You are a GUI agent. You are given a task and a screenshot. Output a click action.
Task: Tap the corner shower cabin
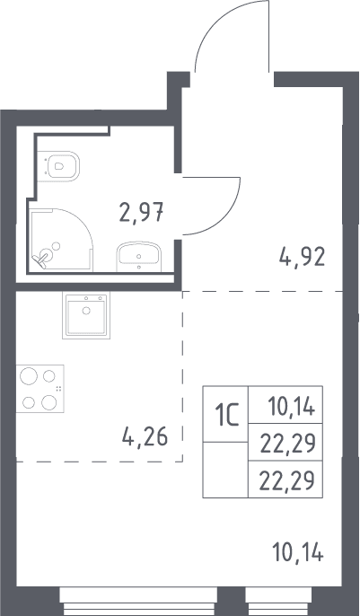tap(62, 239)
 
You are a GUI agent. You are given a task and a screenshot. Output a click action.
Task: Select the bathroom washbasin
tap(138, 257)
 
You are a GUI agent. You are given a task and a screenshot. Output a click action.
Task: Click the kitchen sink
tap(86, 315)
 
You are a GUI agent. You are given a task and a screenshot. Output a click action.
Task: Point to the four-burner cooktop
tap(40, 389)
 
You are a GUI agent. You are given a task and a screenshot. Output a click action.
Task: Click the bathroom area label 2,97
tap(141, 212)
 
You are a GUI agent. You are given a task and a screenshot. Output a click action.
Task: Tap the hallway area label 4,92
tap(302, 258)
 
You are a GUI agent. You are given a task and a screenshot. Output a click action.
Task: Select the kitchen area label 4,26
tap(145, 436)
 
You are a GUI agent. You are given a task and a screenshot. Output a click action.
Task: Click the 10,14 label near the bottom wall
tap(298, 553)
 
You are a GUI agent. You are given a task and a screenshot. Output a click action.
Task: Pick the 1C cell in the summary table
tap(225, 414)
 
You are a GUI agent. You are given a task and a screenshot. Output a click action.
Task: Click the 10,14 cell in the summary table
tap(285, 405)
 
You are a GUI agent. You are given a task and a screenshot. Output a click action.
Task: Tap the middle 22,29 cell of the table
tap(285, 442)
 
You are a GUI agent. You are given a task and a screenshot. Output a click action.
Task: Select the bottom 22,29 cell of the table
tap(285, 480)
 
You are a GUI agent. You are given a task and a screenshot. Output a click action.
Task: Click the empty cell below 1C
tap(225, 470)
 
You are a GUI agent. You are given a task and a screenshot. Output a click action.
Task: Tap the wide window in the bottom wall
tap(138, 601)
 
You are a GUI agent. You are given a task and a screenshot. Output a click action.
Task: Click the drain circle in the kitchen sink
tap(86, 311)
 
